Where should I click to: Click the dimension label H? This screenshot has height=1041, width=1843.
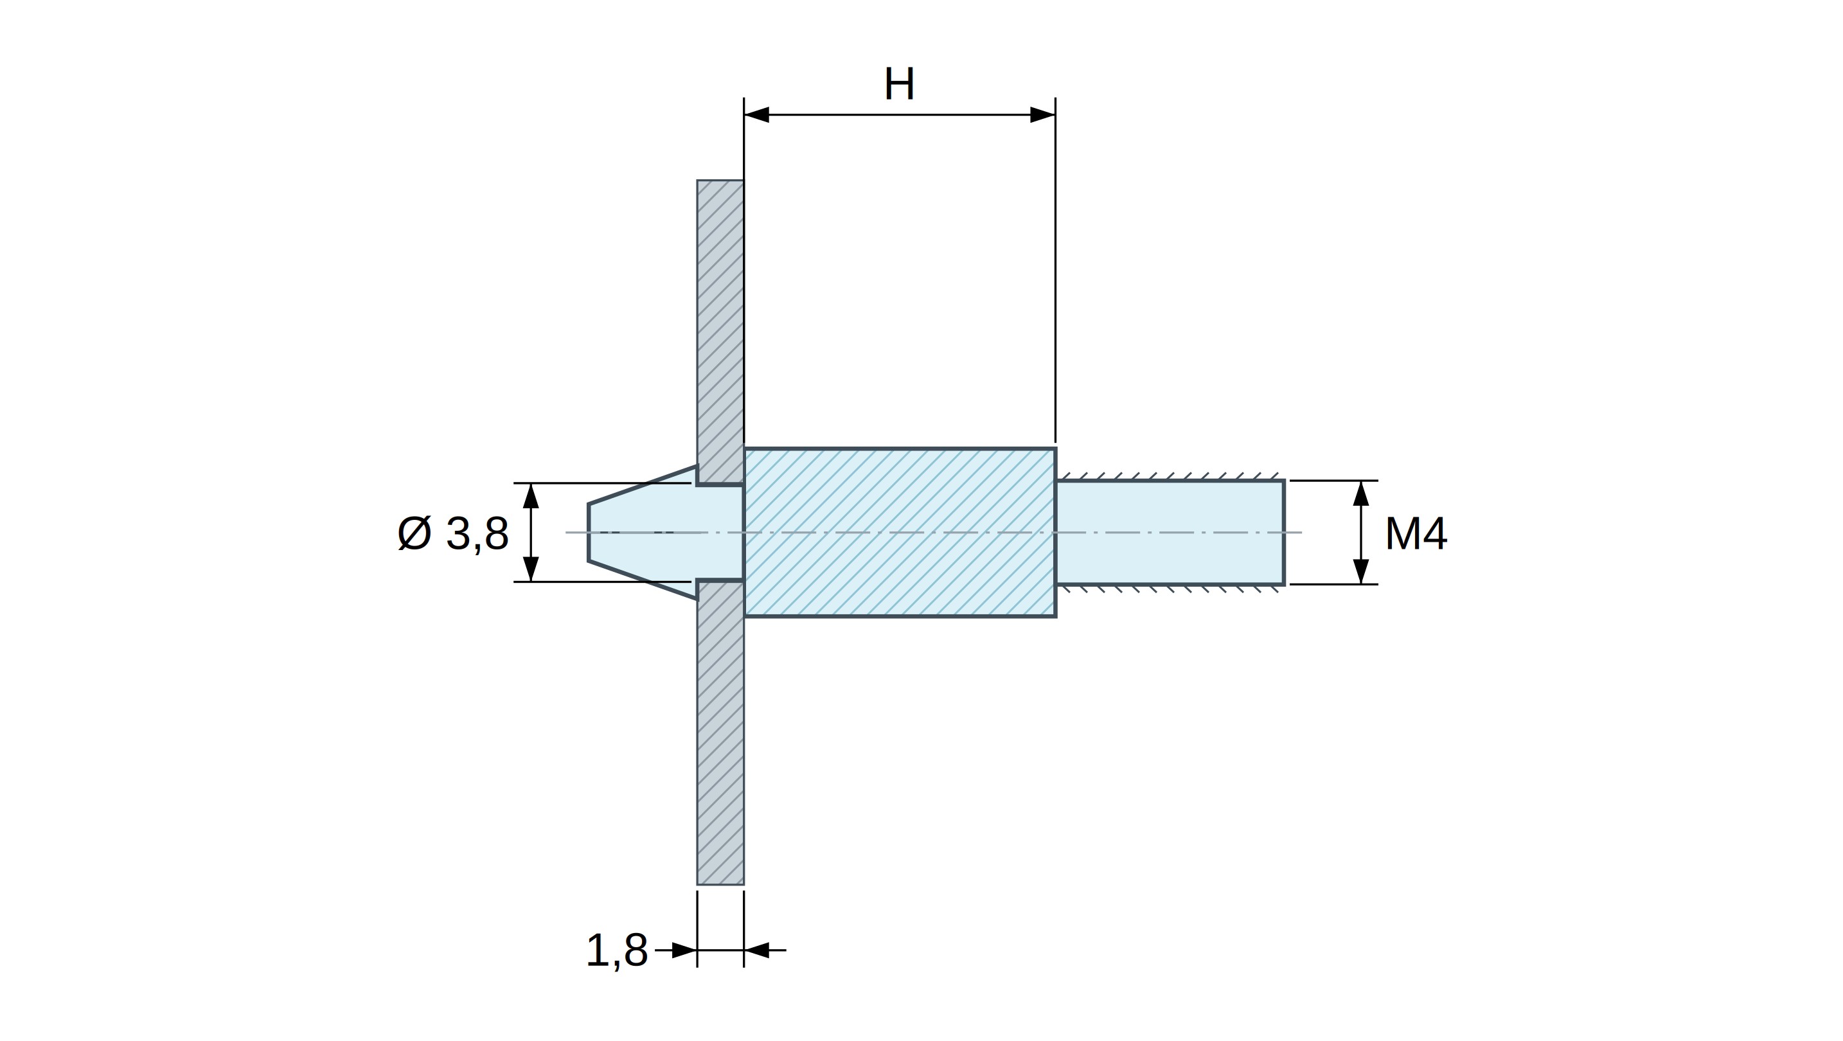(x=899, y=84)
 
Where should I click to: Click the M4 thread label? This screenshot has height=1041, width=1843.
(x=1416, y=534)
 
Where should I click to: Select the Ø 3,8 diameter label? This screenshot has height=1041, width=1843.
(x=453, y=534)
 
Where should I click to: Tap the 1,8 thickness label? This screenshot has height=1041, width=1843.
(x=617, y=951)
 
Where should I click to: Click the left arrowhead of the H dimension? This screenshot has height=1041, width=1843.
(x=756, y=114)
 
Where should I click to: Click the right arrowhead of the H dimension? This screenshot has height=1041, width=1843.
(x=1043, y=114)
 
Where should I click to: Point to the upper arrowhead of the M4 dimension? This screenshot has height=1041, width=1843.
(x=1361, y=494)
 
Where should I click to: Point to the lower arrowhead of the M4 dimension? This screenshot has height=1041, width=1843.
(x=1361, y=571)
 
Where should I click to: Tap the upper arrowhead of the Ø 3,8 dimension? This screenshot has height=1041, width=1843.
(x=531, y=496)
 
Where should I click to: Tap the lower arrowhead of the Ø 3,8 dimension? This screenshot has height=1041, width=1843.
(x=531, y=569)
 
